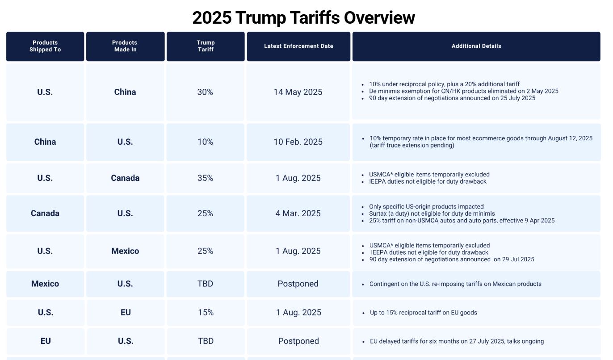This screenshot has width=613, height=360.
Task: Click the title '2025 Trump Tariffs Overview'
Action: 303,18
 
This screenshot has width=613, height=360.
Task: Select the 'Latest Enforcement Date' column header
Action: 298,46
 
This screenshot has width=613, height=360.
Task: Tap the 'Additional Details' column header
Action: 476,46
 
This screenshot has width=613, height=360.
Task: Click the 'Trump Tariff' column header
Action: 206,46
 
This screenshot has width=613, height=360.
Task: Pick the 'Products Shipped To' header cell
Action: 45,46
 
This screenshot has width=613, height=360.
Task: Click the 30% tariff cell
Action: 205,92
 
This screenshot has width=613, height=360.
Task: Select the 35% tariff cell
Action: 205,178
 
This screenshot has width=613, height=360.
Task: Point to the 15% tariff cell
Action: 206,312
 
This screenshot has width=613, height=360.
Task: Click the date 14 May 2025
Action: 298,92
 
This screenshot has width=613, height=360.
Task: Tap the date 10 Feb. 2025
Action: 298,142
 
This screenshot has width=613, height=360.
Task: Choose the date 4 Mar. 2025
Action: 298,213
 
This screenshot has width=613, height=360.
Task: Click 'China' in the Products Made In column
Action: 125,92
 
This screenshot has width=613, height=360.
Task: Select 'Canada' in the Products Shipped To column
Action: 45,213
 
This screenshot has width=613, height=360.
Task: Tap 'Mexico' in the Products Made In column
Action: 125,251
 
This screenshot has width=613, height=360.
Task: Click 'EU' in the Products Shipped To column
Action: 46,341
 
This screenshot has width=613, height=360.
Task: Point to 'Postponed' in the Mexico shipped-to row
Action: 298,284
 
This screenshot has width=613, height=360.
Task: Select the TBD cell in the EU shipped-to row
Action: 206,341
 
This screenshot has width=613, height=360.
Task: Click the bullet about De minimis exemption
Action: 463,91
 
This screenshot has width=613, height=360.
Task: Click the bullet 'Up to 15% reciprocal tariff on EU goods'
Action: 423,313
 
